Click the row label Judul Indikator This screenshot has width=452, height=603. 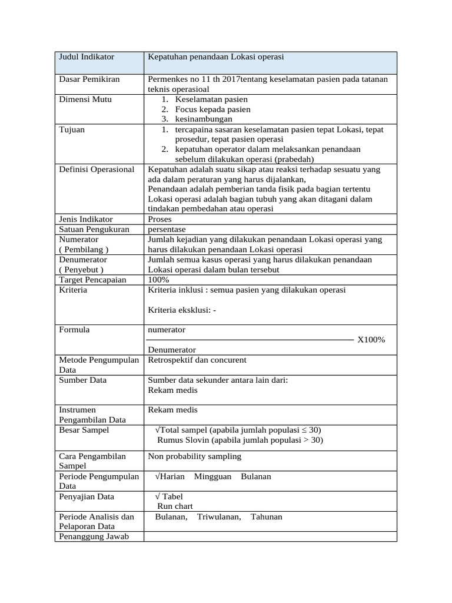pos(87,57)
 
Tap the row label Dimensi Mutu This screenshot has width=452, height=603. pos(85,99)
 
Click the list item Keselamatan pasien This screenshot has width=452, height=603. pos(211,99)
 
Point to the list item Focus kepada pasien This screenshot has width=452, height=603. pos(212,109)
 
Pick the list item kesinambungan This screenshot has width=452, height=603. pos(204,119)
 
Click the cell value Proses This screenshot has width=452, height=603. pos(160,219)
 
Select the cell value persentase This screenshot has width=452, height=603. pos(167,229)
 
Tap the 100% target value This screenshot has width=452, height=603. pos(158,280)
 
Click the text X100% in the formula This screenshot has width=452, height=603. pos(371,340)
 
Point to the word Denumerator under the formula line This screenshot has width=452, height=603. pos(172,350)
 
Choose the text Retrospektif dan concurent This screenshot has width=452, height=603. pos(197,360)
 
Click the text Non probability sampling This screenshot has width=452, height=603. pos(194,456)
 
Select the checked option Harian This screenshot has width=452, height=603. pos(170,476)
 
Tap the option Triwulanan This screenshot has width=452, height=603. pos(219,516)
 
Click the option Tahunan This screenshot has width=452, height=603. pos(266,516)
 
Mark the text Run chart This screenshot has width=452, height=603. pos(175,506)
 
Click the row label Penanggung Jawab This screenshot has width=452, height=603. pos(93,536)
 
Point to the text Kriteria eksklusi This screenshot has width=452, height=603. pos(182,310)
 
